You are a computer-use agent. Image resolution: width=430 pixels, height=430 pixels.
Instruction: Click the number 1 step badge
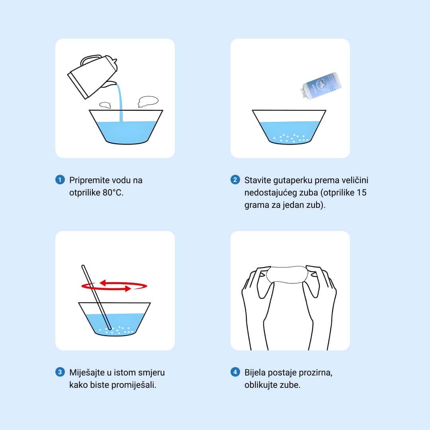(x=60, y=180)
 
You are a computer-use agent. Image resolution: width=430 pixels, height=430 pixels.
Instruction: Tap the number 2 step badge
(x=235, y=180)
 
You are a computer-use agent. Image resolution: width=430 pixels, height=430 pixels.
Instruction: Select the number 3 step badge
(x=60, y=372)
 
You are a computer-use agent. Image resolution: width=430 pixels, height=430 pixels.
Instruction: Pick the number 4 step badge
(x=235, y=372)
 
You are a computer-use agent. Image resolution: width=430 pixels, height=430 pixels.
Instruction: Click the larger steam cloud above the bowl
(x=148, y=101)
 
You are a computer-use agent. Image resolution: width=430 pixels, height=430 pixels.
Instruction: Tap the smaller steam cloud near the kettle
(x=105, y=105)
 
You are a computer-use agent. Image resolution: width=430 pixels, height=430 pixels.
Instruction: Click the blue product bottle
(x=321, y=86)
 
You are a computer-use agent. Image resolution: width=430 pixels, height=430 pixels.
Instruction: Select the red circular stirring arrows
(x=114, y=286)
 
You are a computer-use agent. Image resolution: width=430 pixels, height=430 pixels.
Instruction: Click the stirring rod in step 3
(x=96, y=297)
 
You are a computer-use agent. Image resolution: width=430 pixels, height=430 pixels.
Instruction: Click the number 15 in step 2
(x=362, y=193)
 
